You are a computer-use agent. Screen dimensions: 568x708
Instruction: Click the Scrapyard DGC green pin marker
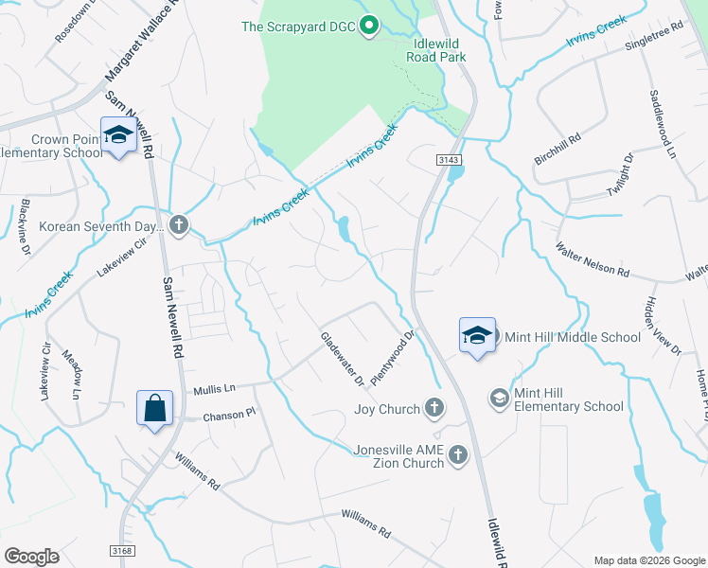(370, 26)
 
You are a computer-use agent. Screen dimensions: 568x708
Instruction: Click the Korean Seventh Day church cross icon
(179, 224)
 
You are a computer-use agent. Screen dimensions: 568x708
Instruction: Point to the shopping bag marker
(155, 409)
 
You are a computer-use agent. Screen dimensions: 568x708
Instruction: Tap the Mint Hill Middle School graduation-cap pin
(477, 335)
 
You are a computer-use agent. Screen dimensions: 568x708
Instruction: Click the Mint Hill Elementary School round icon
(499, 399)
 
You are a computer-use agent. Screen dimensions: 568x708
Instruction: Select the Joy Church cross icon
(434, 409)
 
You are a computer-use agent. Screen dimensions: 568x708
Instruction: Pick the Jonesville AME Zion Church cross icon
(457, 455)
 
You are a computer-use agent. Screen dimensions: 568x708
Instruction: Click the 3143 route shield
(449, 161)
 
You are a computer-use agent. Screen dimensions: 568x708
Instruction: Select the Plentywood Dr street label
(394, 355)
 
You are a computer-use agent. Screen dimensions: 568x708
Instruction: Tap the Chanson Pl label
(230, 414)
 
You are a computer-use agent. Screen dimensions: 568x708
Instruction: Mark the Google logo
(31, 556)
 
